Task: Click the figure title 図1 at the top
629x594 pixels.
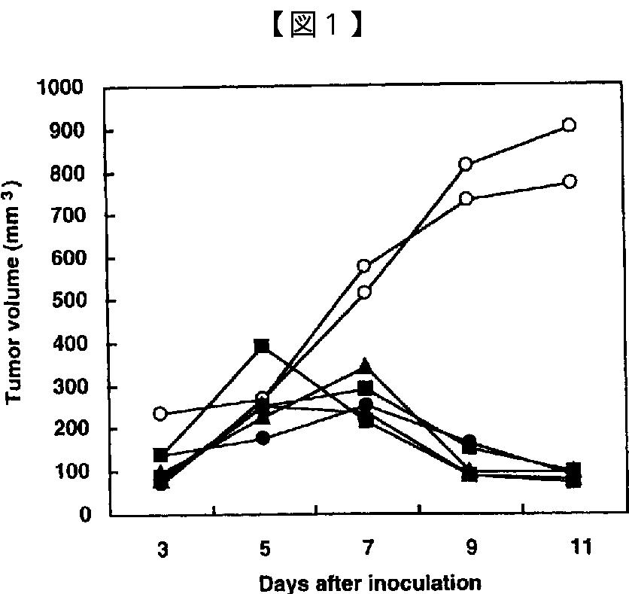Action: [318, 26]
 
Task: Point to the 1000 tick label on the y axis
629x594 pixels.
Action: [59, 87]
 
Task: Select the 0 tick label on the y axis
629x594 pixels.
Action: [85, 514]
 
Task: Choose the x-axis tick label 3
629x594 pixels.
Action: [163, 550]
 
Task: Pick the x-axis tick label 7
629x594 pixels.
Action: [368, 547]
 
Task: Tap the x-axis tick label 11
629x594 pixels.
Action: [581, 547]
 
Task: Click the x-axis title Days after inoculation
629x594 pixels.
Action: [370, 583]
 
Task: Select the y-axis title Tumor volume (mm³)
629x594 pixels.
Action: [14, 292]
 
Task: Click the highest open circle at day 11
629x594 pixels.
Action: [569, 125]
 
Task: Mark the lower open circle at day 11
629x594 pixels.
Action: [570, 181]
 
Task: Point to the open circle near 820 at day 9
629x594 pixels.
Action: [465, 165]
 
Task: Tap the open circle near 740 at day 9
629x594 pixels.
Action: [466, 199]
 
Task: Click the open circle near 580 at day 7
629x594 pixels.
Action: [364, 266]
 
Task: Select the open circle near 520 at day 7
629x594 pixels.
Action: [364, 292]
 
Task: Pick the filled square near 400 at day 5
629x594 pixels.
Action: [262, 346]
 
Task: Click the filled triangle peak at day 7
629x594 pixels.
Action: [365, 366]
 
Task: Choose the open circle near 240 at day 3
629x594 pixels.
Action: [160, 413]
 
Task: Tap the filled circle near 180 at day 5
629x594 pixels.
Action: [263, 438]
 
